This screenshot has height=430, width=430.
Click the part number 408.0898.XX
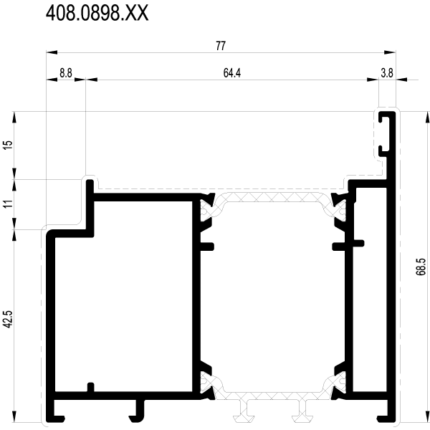coord(97,13)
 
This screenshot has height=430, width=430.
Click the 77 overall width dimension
coord(221,46)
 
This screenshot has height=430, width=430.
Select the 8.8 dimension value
coord(66,73)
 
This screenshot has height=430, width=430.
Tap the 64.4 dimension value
coord(232,73)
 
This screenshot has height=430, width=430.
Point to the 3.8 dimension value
coord(387,73)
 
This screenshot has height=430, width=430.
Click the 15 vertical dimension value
coord(9,145)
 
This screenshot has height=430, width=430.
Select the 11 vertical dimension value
coord(9,204)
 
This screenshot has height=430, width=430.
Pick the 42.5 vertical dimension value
coord(9,319)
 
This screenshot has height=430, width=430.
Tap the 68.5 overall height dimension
coord(421,267)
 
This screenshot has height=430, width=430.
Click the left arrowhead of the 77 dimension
coord(52,52)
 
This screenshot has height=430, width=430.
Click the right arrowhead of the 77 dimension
coord(390,52)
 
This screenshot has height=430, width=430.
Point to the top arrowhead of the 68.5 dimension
coord(427,118)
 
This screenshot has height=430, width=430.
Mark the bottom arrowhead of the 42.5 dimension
coord(14,417)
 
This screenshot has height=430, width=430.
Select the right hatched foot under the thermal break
coord(302,411)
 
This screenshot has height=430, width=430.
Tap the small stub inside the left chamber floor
coord(90,387)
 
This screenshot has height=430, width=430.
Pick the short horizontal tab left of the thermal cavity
coord(207,247)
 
